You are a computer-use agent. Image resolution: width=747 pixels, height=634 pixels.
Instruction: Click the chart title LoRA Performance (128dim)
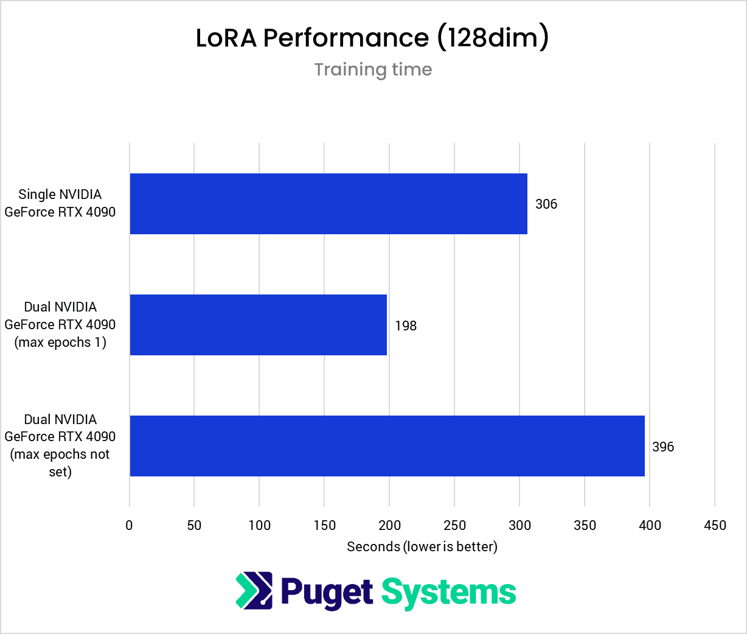372,38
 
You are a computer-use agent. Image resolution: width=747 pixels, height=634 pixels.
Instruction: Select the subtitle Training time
373,69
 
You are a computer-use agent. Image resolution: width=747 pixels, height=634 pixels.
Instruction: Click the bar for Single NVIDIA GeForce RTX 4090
328,204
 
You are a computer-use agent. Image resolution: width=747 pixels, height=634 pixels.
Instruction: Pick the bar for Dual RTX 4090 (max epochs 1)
258,325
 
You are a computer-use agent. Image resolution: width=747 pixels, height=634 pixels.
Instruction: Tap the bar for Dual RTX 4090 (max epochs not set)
387,446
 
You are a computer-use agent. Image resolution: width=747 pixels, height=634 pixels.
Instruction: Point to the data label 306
546,204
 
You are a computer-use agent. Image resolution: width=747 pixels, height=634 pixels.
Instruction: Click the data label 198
406,326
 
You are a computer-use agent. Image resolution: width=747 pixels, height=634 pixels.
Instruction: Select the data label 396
663,447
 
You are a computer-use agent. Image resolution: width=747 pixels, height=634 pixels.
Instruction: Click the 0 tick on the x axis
129,526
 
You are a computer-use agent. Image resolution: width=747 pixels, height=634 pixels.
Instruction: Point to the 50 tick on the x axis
194,526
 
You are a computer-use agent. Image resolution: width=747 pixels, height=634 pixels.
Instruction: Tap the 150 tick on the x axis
324,526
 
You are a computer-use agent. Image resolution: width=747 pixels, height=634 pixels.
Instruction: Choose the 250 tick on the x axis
454,526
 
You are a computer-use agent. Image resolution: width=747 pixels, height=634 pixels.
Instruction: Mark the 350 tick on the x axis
585,526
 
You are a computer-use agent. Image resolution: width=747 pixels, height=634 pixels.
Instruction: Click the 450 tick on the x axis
715,526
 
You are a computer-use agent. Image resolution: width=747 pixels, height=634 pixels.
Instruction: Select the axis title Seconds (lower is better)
422,547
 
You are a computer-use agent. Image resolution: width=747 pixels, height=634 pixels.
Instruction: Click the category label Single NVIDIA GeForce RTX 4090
60,203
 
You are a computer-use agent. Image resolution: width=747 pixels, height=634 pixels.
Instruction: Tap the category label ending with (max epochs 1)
60,325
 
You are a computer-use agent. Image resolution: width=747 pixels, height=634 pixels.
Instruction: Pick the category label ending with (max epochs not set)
60,445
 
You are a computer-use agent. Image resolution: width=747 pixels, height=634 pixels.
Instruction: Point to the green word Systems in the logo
448,592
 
